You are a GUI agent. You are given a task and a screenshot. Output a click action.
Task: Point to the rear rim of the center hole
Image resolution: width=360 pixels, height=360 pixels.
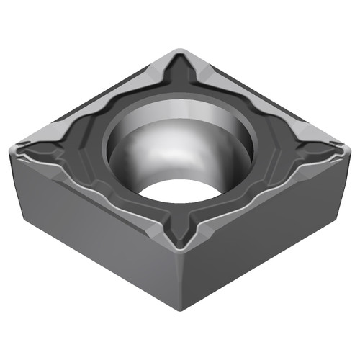180,101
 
